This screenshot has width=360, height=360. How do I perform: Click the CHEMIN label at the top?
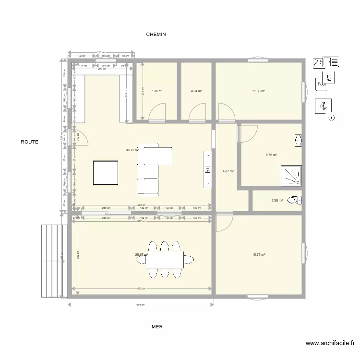click(156, 35)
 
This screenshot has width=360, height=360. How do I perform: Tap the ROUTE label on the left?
click(29, 142)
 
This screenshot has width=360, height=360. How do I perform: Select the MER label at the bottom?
click(157, 326)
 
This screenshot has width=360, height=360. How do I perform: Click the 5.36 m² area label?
click(156, 91)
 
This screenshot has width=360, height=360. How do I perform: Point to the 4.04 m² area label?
click(196, 91)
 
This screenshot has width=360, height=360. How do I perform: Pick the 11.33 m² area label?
click(259, 91)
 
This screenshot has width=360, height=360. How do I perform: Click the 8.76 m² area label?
click(271, 155)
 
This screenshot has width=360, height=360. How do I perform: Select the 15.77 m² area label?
click(259, 255)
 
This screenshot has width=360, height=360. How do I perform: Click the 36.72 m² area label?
click(132, 150)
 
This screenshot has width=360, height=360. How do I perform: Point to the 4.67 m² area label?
click(228, 170)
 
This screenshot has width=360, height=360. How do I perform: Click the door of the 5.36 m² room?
click(157, 114)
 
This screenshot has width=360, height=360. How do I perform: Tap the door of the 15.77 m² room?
click(224, 222)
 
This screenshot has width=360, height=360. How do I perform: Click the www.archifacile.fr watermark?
click(331, 343)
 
